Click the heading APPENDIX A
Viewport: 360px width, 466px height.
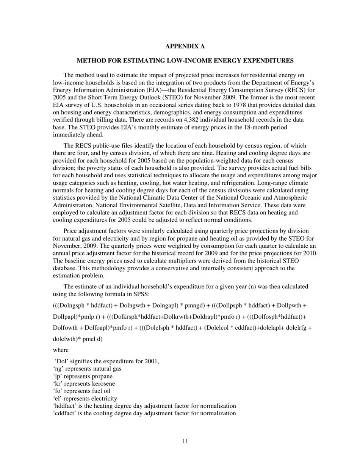click(185, 46)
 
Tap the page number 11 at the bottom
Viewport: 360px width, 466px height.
click(185, 441)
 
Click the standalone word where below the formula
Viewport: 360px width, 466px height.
click(61, 350)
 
